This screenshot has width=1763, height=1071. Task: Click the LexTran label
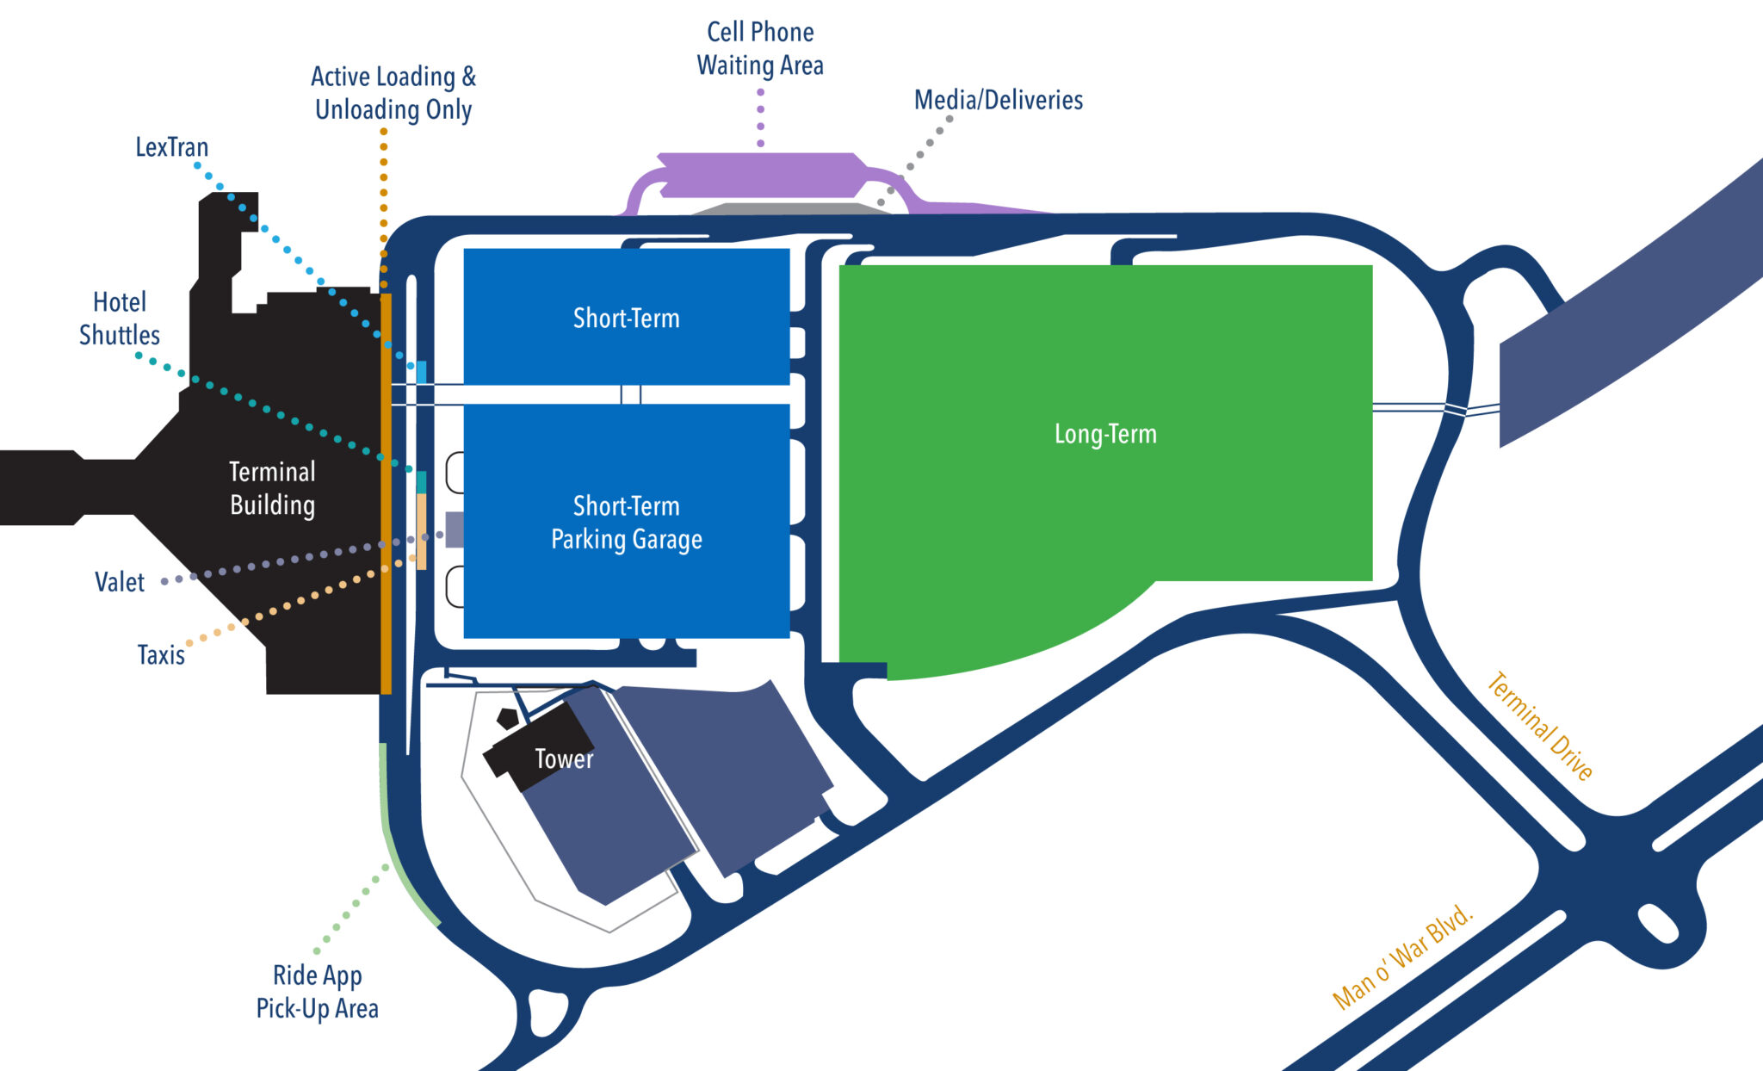click(171, 147)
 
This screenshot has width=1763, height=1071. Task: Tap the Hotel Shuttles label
click(120, 319)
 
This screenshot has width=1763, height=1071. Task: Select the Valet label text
click(120, 583)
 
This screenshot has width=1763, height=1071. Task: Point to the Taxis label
click(161, 655)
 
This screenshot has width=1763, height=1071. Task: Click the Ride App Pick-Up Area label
click(317, 992)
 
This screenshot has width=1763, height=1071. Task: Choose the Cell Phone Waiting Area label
click(760, 49)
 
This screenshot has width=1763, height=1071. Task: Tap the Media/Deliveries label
click(998, 101)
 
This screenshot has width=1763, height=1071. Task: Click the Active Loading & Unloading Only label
click(393, 93)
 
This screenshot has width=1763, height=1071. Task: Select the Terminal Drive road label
click(1540, 726)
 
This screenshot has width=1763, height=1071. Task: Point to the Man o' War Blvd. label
click(1402, 956)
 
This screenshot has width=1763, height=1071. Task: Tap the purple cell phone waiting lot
click(758, 175)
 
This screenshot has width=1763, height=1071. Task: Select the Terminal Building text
click(272, 488)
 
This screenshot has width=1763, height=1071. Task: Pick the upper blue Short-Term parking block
click(626, 318)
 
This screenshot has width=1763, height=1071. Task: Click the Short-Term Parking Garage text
click(626, 523)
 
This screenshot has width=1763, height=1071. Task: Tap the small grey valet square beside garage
click(455, 529)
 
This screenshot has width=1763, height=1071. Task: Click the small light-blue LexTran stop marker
click(422, 372)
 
